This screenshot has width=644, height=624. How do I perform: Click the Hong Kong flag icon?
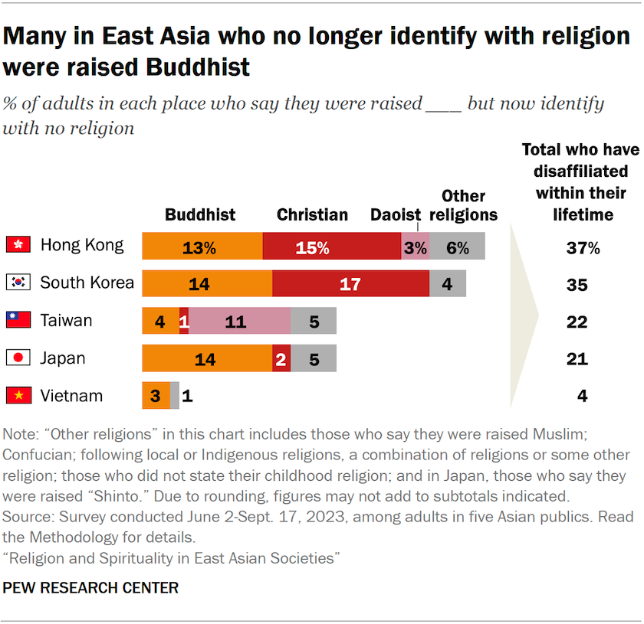17,245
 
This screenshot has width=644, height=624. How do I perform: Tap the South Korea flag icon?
17,283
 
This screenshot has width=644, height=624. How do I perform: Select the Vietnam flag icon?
17,396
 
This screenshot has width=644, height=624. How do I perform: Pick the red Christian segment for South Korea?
350,283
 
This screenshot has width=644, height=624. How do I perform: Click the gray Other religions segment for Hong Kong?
457,246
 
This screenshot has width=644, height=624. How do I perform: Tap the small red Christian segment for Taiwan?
184,321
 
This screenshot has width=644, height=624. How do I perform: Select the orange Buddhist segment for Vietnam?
156,396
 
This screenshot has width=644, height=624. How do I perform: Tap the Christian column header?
312,215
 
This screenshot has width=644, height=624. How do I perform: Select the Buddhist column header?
200,215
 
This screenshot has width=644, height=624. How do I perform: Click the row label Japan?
63,358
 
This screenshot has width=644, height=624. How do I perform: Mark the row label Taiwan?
66,320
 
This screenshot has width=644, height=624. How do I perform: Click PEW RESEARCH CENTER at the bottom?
91,588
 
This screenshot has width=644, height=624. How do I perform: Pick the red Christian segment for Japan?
281,358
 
